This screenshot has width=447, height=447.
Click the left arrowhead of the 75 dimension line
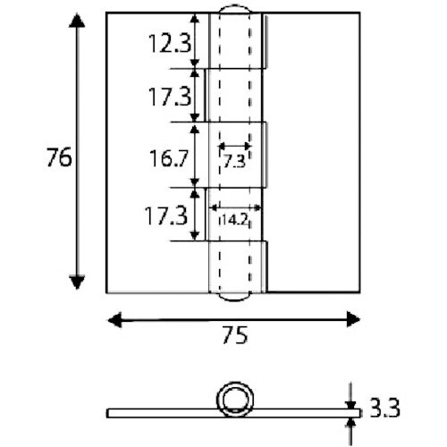[113, 316]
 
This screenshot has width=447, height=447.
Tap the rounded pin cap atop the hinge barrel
[238, 10]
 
